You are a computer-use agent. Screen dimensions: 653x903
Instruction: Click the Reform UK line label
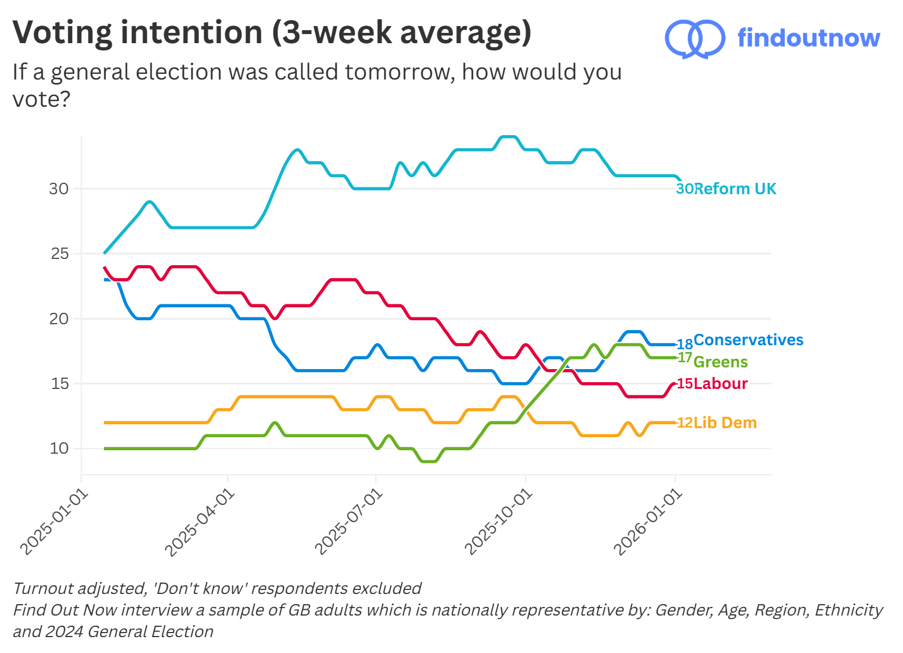click(x=735, y=189)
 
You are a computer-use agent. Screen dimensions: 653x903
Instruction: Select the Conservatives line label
click(x=748, y=340)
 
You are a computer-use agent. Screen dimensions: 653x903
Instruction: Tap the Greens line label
click(x=720, y=362)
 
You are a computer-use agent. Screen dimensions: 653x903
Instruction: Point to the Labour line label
click(x=720, y=383)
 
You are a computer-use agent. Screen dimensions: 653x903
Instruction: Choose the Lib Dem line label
click(x=725, y=422)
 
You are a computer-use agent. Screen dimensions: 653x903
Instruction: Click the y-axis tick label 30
click(x=58, y=189)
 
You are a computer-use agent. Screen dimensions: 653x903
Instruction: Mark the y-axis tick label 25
click(x=59, y=253)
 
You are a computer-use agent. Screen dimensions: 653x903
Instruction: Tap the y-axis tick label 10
click(x=58, y=449)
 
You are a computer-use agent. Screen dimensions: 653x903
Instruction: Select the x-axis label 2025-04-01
click(x=200, y=523)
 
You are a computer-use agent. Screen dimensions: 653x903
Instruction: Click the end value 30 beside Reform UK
click(x=684, y=189)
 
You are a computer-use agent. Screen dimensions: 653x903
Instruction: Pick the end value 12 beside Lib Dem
click(x=684, y=422)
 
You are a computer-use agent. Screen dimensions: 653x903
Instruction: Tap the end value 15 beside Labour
click(x=684, y=383)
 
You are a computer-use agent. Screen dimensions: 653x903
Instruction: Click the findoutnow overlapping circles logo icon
click(x=695, y=39)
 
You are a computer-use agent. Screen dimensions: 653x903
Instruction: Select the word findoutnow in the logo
click(x=808, y=38)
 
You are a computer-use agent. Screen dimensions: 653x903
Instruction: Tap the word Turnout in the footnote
click(x=42, y=588)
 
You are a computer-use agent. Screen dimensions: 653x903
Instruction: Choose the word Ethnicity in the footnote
click(x=848, y=610)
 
